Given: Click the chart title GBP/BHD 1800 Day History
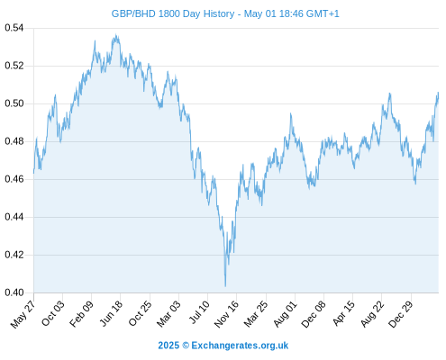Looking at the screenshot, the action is pyautogui.click(x=173, y=13).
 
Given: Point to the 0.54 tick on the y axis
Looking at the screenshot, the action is pyautogui.click(x=14, y=28).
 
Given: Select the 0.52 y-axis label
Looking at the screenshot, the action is pyautogui.click(x=14, y=66).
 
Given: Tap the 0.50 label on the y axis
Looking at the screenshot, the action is pyautogui.click(x=14, y=103).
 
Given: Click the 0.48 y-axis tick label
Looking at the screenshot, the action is pyautogui.click(x=14, y=141).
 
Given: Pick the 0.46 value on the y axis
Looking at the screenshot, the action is pyautogui.click(x=14, y=179).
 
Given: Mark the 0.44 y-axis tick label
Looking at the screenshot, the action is pyautogui.click(x=14, y=217).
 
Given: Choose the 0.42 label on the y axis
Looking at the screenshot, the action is pyautogui.click(x=14, y=255).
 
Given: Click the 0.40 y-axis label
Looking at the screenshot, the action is pyautogui.click(x=14, y=292).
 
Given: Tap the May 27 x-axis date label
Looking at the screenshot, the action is pyautogui.click(x=23, y=314).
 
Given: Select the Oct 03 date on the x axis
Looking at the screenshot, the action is pyautogui.click(x=52, y=313).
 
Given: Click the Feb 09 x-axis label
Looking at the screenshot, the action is pyautogui.click(x=81, y=314).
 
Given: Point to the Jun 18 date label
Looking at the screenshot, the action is pyautogui.click(x=111, y=313).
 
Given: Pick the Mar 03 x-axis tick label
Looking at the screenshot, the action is pyautogui.click(x=168, y=314).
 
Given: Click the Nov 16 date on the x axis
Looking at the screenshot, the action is pyautogui.click(x=226, y=314).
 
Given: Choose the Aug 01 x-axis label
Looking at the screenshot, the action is pyautogui.click(x=285, y=314).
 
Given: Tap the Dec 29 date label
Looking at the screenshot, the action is pyautogui.click(x=401, y=314).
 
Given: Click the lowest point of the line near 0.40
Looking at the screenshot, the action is pyautogui.click(x=225, y=286).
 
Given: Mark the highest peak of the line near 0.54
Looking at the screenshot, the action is pyautogui.click(x=116, y=35).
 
